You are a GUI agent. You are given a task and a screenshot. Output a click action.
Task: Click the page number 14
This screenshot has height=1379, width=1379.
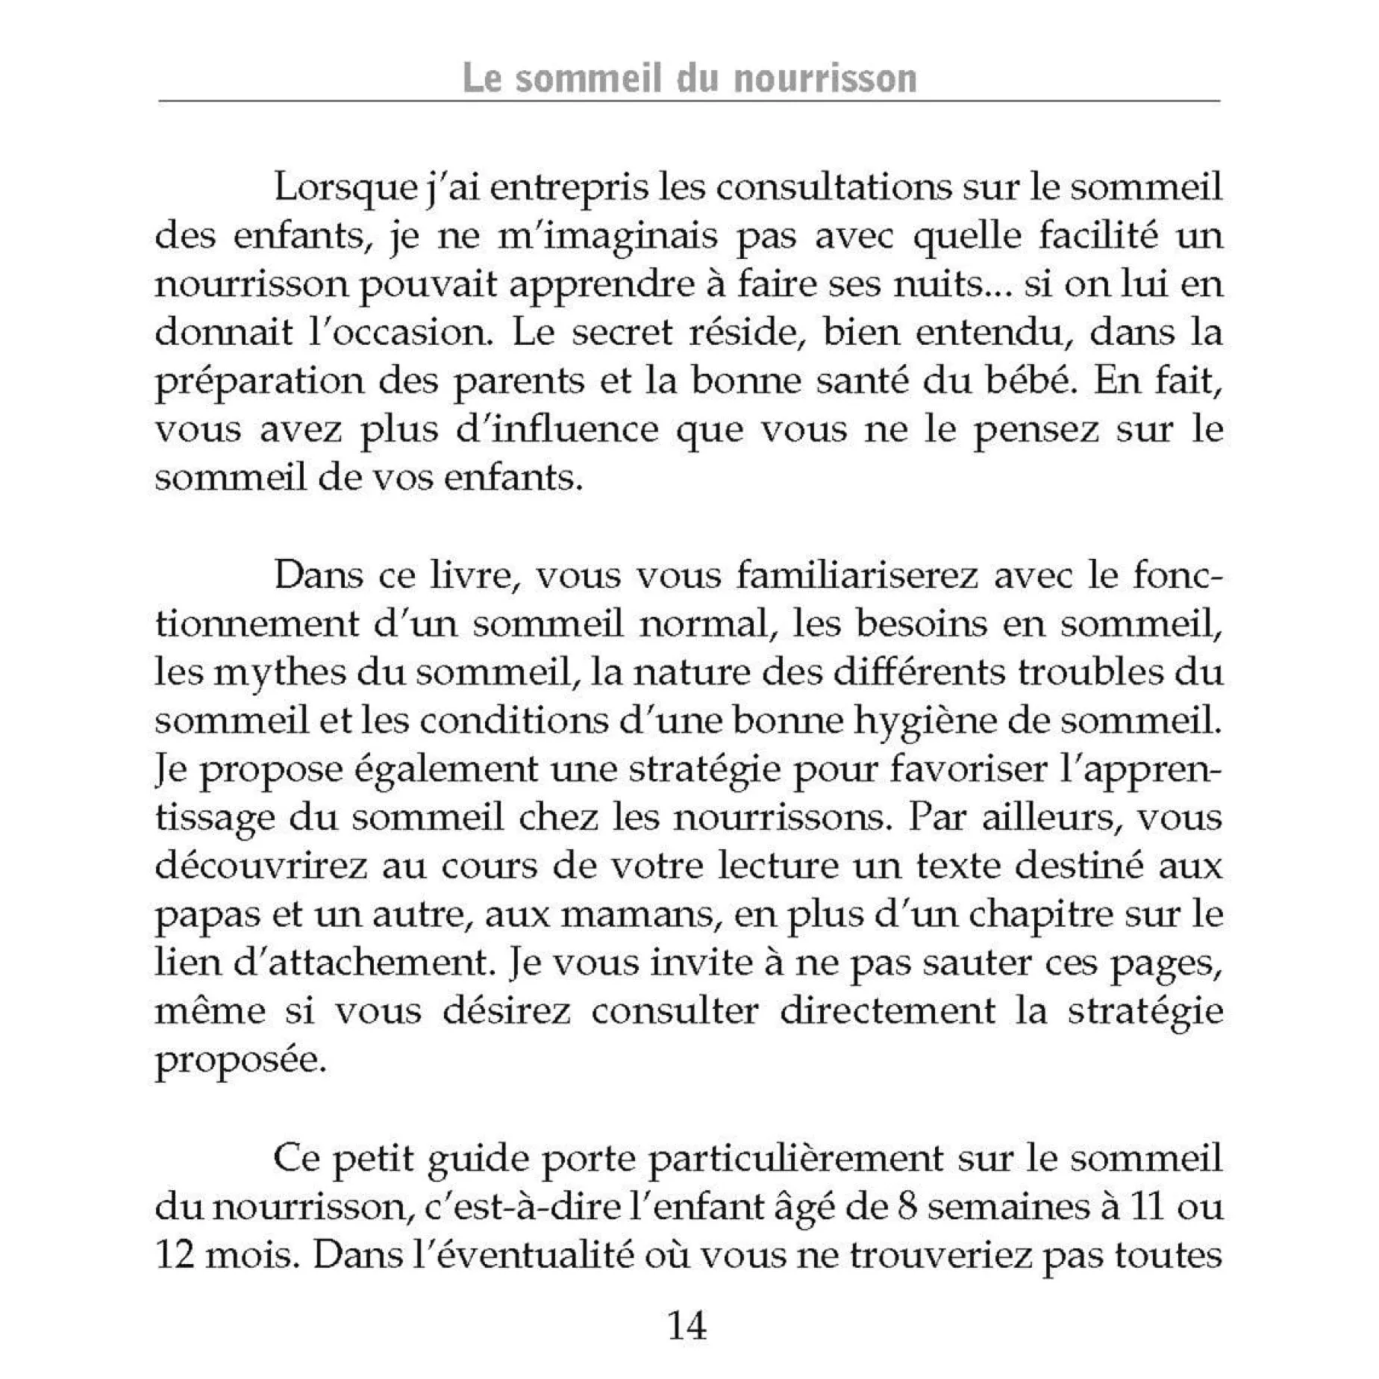click(687, 1326)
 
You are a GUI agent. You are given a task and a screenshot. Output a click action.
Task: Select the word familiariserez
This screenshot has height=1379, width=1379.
click(856, 575)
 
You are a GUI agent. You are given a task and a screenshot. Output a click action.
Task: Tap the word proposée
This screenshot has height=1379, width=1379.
click(241, 1060)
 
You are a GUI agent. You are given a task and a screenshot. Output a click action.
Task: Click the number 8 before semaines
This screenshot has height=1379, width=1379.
click(907, 1207)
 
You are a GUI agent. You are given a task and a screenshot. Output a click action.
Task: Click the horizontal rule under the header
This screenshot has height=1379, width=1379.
click(689, 101)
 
